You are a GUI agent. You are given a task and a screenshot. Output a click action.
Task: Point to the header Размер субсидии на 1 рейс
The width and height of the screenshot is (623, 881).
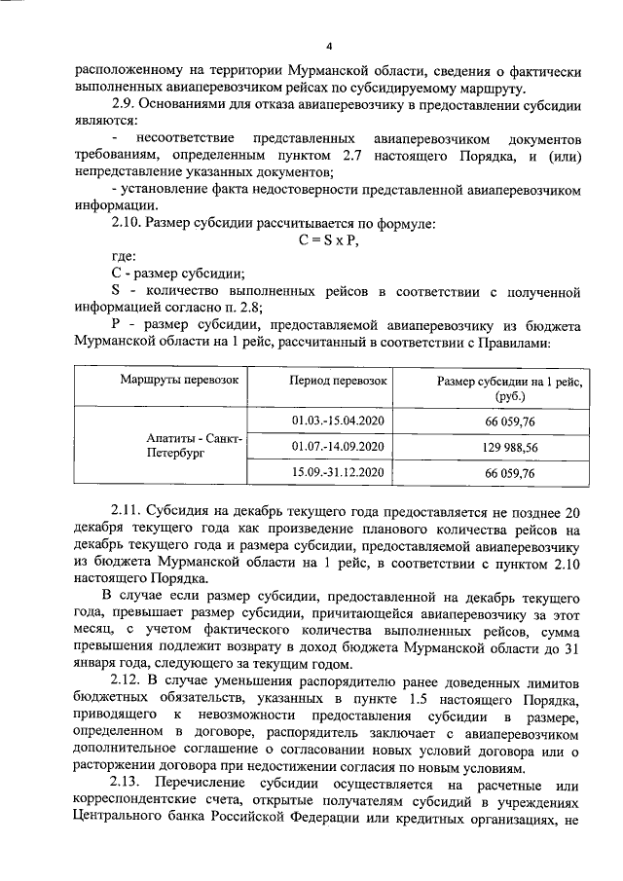click(509, 381)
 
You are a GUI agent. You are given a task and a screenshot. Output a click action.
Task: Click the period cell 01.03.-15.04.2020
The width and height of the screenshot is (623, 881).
click(338, 420)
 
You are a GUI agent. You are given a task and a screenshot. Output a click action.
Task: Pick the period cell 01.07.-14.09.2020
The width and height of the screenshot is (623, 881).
click(338, 446)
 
